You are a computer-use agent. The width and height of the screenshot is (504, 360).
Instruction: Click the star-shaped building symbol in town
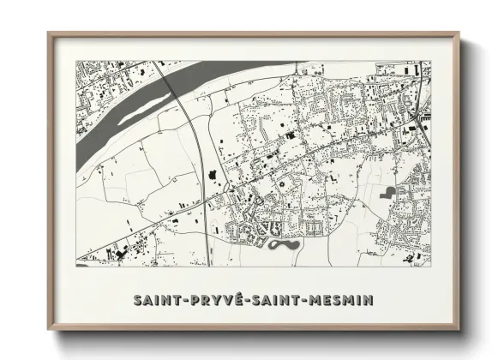[278, 183]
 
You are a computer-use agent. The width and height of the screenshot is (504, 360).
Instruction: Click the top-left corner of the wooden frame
[49, 34]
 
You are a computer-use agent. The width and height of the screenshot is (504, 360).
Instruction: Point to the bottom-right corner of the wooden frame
[459, 330]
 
